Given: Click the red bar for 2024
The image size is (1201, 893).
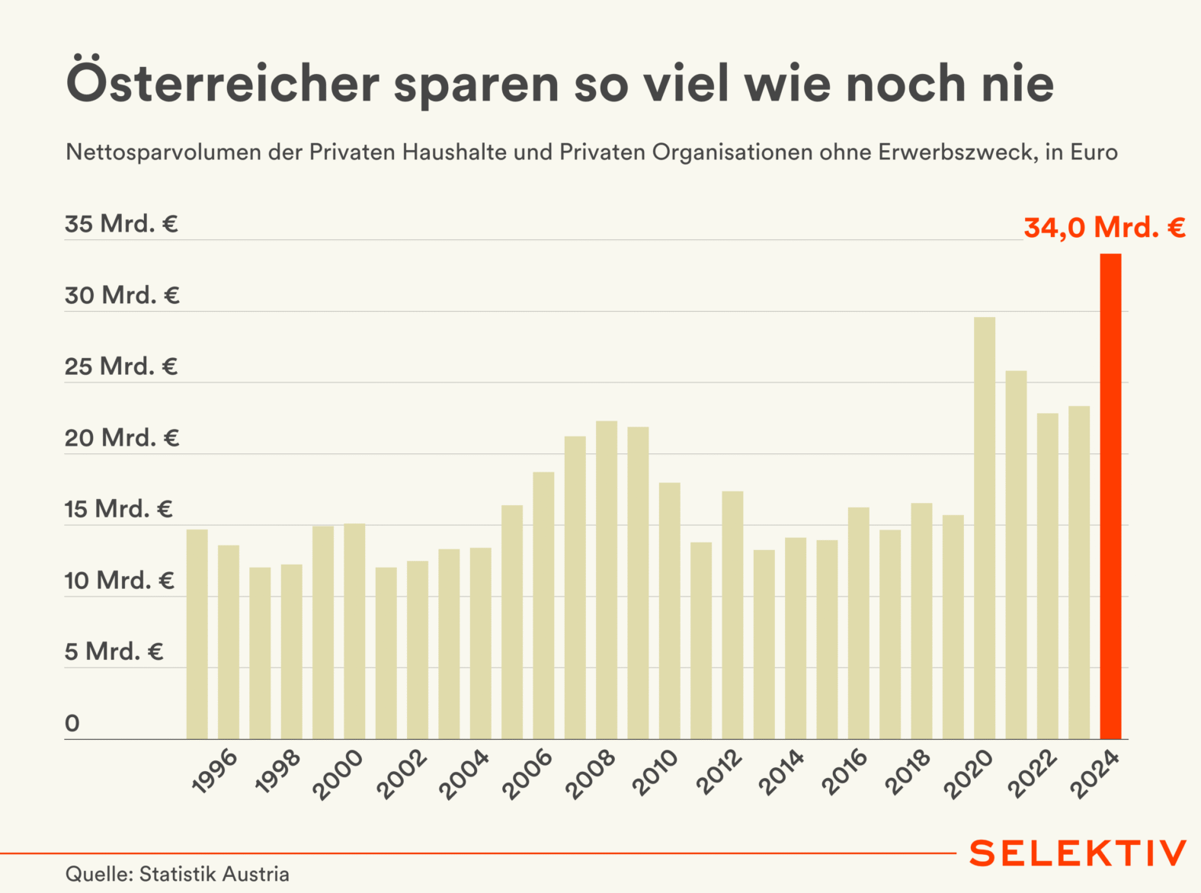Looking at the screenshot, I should [1110, 495].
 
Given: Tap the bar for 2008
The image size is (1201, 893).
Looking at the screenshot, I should [607, 579].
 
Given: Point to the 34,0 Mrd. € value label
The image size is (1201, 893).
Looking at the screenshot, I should [1104, 227].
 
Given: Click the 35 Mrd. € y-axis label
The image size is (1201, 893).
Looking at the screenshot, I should [121, 224].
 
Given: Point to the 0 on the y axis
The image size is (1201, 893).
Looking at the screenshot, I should [72, 723].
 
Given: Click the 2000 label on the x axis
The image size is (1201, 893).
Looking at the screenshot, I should [338, 774].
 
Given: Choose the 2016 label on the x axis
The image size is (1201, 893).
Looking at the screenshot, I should [844, 772].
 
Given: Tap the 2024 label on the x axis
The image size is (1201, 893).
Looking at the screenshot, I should [1095, 773].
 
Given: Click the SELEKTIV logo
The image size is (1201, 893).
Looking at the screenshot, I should [1078, 853].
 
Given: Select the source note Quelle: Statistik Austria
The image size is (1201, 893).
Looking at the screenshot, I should [178, 874].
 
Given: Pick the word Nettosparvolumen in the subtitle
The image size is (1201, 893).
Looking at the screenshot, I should [164, 152].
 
